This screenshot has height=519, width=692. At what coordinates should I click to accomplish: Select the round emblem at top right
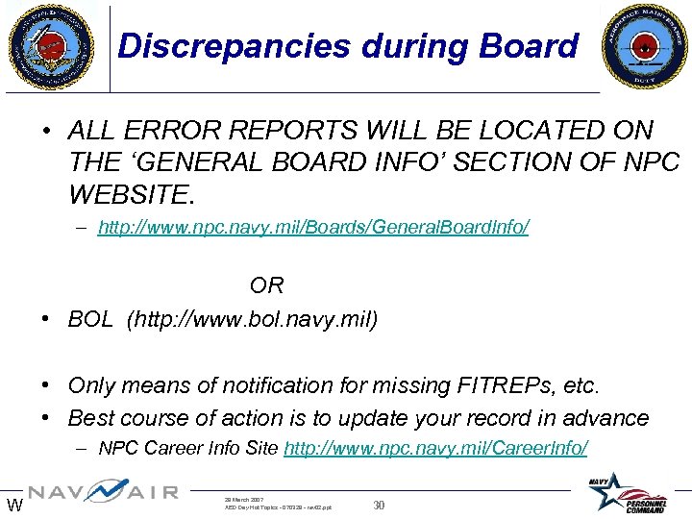[x=644, y=46]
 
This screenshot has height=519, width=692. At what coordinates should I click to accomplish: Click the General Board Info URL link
[x=313, y=229]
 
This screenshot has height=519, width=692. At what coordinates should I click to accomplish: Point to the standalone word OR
[x=266, y=285]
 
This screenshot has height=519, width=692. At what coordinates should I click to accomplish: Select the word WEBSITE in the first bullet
[x=131, y=196]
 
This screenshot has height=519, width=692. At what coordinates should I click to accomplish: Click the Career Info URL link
[x=436, y=448]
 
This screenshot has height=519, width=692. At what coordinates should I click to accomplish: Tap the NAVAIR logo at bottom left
[x=103, y=492]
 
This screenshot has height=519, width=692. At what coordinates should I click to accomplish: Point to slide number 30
[x=379, y=506]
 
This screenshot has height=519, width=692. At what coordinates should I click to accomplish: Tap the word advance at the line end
[x=607, y=418]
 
